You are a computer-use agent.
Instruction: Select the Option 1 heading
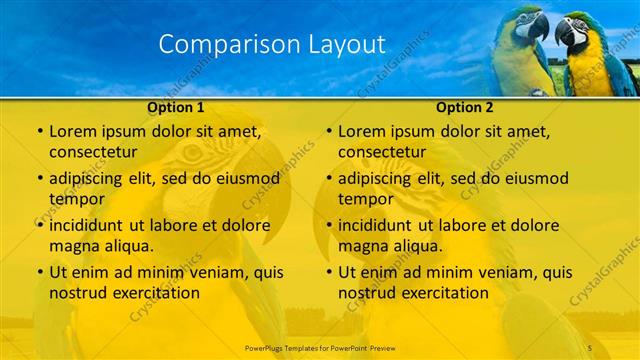click(176, 107)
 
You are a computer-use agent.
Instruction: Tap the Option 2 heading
click(465, 107)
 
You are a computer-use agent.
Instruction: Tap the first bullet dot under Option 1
click(39, 131)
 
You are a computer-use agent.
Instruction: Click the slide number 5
click(591, 346)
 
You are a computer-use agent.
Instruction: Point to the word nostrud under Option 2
click(367, 293)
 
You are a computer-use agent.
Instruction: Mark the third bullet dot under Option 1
click(39, 225)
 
